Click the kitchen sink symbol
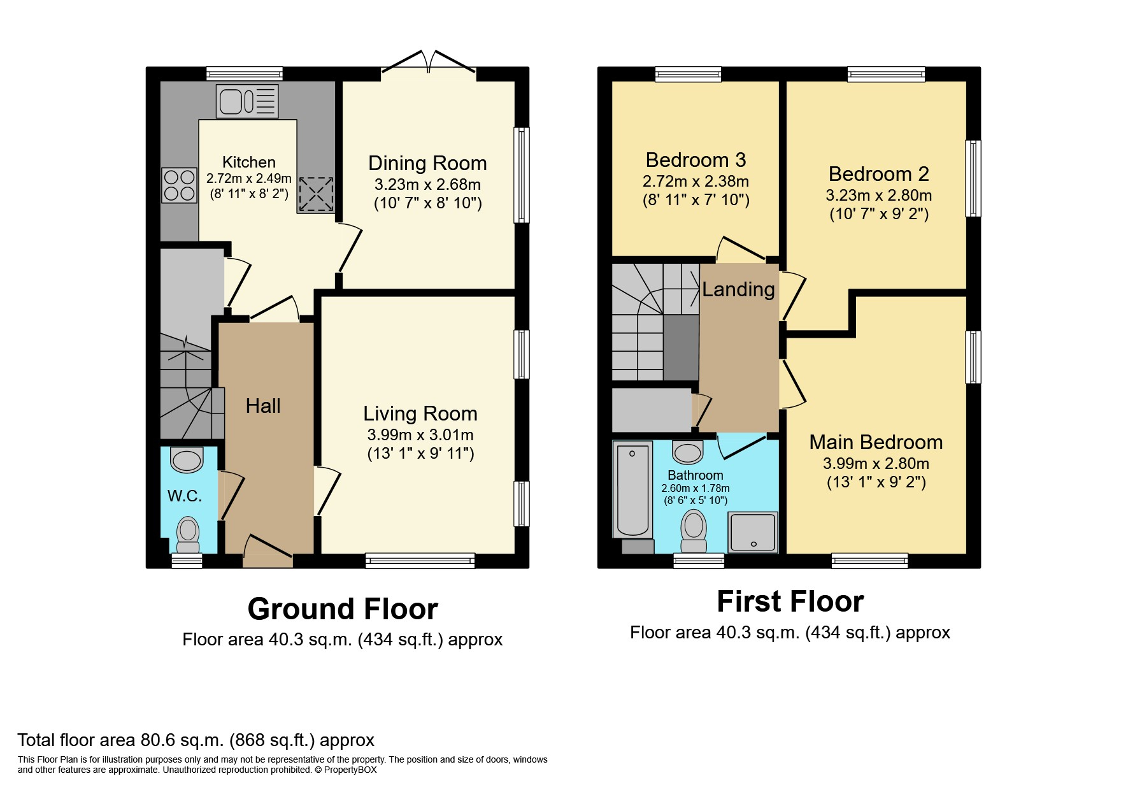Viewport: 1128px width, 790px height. point(247,101)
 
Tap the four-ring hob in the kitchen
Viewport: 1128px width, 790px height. point(179,185)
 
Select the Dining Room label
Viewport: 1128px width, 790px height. point(427,163)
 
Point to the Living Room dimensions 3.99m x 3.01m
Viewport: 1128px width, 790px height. point(420,435)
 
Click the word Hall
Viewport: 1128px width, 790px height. point(263,406)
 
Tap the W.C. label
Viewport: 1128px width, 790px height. point(185,496)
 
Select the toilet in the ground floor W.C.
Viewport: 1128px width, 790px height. point(188,535)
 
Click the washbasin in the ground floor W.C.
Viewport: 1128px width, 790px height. point(187,459)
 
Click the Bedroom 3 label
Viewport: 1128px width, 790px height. point(696,159)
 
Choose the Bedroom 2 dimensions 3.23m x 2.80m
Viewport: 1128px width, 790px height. point(879,195)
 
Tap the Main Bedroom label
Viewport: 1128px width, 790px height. point(876,442)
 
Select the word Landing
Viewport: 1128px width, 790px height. point(738,290)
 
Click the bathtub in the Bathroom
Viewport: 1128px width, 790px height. point(632,489)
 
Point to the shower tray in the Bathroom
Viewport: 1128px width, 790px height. point(753,532)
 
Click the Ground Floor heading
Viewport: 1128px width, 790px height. point(343,609)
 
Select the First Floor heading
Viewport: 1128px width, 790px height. point(790,601)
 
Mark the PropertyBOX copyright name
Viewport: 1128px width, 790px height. point(350,770)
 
